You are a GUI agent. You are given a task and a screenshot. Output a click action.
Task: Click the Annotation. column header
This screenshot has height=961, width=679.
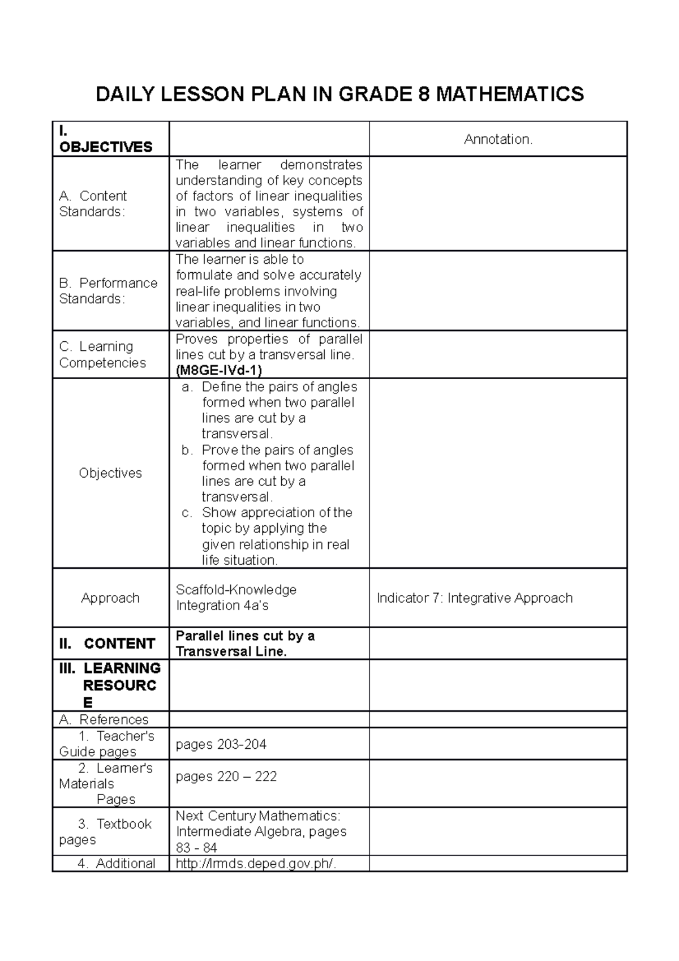point(498,139)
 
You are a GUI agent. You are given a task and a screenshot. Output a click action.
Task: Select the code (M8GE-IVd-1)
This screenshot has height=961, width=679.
point(219,370)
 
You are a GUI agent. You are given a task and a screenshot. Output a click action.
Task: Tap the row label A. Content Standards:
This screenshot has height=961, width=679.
point(93,204)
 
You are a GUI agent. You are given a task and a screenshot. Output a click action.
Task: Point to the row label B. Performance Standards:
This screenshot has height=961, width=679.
point(108,290)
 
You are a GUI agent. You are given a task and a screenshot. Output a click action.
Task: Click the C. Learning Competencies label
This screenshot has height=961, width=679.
point(102,354)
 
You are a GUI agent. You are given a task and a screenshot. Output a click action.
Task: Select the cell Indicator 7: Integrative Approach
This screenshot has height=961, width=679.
point(474,598)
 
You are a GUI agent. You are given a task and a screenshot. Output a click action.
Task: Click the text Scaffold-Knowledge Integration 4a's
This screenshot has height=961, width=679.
point(236,597)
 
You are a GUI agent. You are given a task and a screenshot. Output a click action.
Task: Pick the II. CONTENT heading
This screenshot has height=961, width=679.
point(107,643)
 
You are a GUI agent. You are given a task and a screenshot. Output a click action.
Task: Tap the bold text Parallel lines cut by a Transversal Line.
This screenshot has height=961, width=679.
point(244,643)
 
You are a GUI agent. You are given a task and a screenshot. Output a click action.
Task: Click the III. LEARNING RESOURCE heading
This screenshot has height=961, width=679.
point(110,685)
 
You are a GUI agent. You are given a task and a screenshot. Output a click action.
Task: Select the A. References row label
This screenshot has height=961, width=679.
point(104,719)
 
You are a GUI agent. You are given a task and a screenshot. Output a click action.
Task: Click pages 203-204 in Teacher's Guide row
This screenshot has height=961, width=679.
point(221,744)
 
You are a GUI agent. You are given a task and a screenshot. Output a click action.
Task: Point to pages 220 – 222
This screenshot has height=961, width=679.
point(226,776)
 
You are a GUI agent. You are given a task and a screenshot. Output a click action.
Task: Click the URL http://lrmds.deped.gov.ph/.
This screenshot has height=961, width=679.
point(256,863)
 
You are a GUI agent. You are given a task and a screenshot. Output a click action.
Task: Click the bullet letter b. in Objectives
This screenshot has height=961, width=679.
point(187,450)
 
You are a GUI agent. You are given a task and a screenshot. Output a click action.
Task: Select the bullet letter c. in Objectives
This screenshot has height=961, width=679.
point(187,513)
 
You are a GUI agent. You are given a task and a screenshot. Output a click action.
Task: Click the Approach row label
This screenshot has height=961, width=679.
point(110,598)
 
